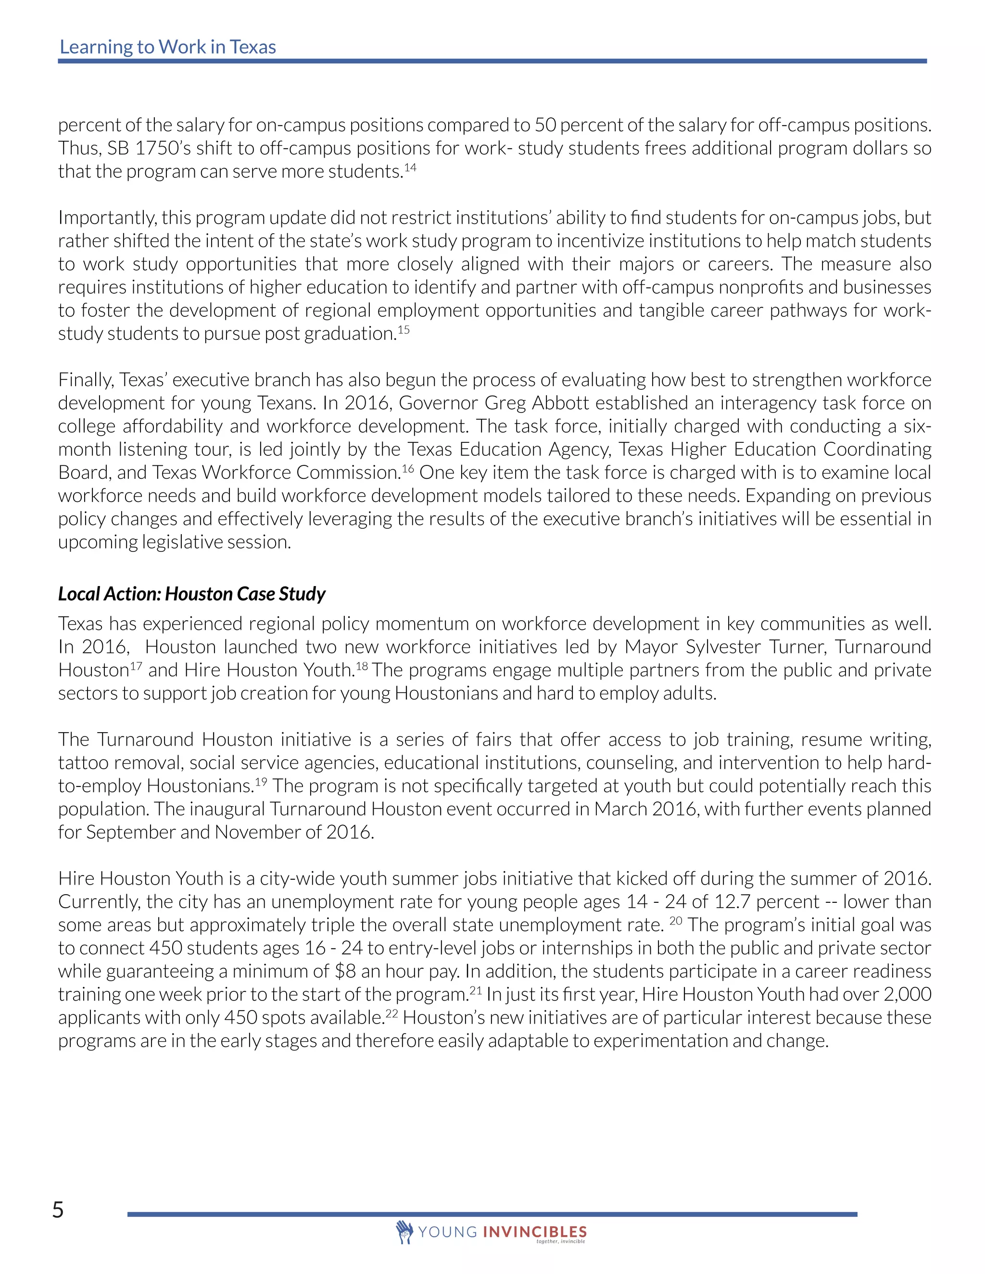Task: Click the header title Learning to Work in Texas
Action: point(167,47)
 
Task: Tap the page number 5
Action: point(58,1210)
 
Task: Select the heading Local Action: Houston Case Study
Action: point(191,594)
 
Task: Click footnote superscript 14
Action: point(410,168)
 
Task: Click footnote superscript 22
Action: point(391,1014)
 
